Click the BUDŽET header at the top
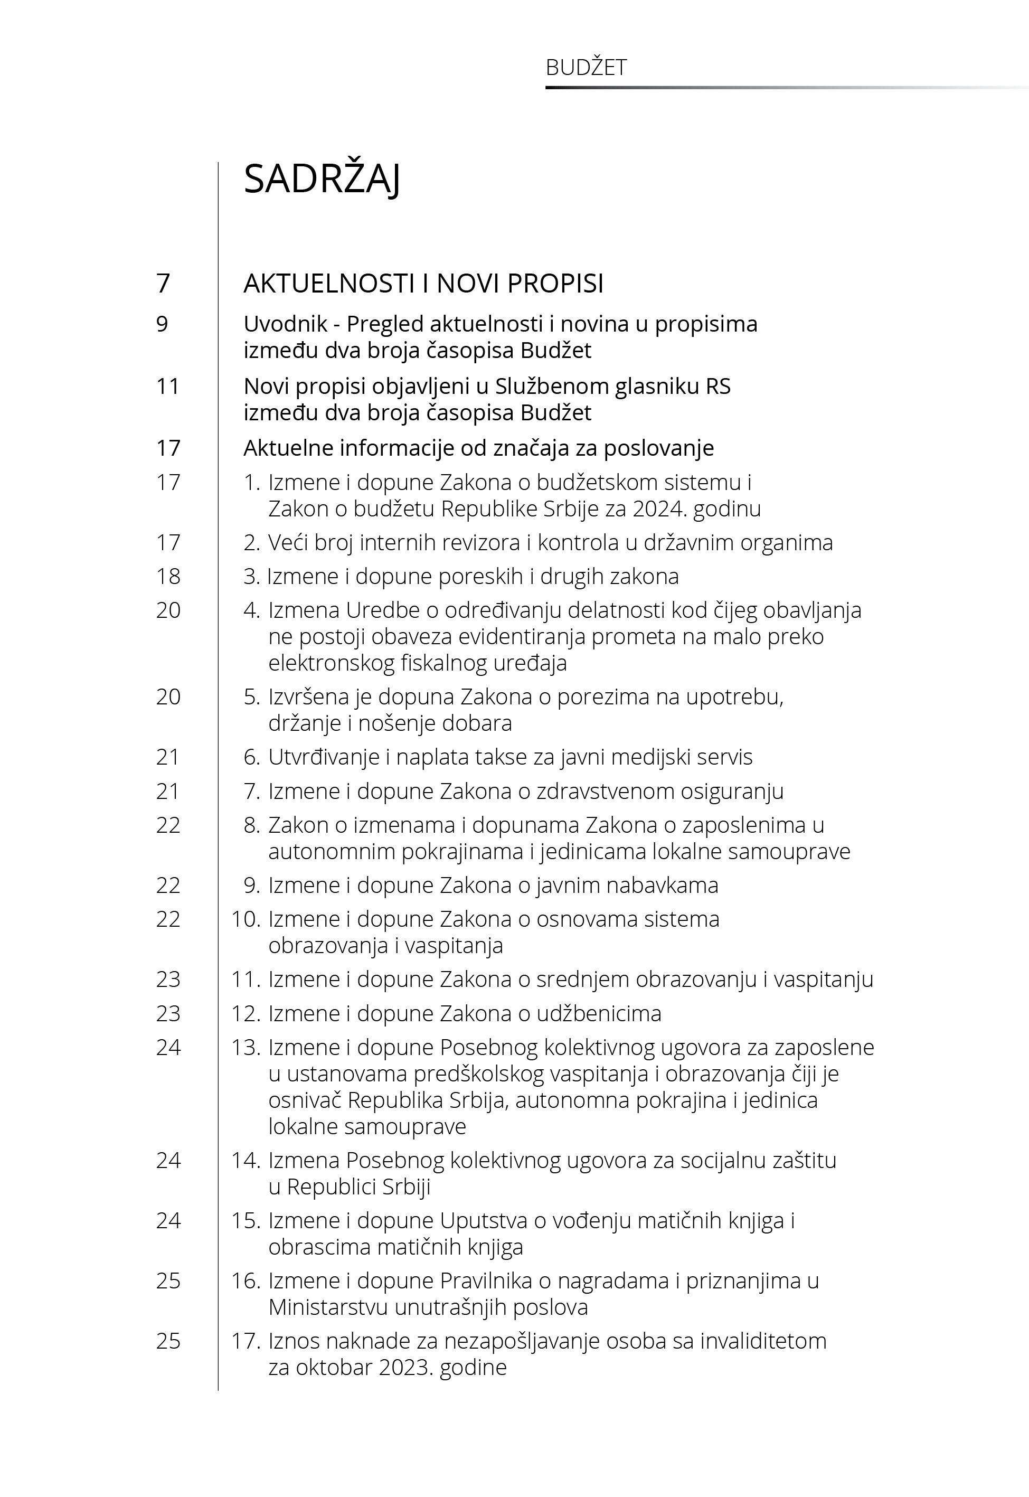586,68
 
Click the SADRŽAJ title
322,179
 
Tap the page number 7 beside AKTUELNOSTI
163,284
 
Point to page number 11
168,386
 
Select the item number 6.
251,757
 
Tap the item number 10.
245,919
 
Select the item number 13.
245,1048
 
